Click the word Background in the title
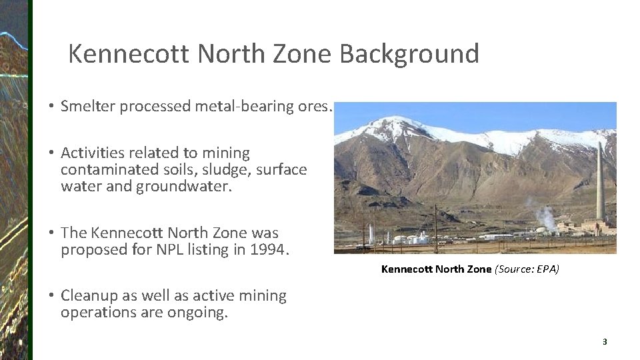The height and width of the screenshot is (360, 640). tap(409, 54)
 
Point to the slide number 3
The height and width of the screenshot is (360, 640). tap(605, 342)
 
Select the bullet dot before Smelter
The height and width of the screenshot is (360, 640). tap(51, 107)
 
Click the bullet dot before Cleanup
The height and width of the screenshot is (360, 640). tap(51, 296)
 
